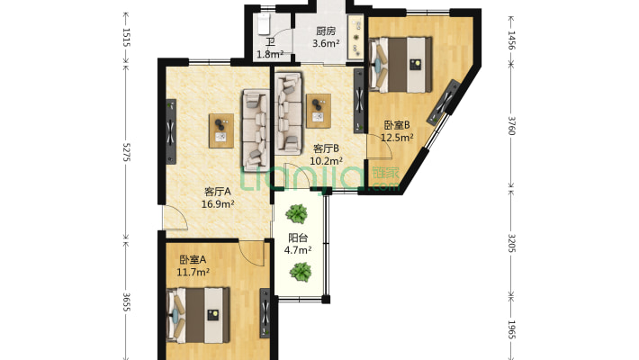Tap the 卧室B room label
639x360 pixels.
(397, 125)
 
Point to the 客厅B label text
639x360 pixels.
(326, 148)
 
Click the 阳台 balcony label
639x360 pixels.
(298, 238)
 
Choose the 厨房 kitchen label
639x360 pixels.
(325, 31)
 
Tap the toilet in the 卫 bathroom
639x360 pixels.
(265, 20)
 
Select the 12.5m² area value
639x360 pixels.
(397, 138)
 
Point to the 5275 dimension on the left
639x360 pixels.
(127, 155)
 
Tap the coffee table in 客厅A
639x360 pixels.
(220, 130)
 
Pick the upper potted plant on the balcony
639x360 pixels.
(298, 214)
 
